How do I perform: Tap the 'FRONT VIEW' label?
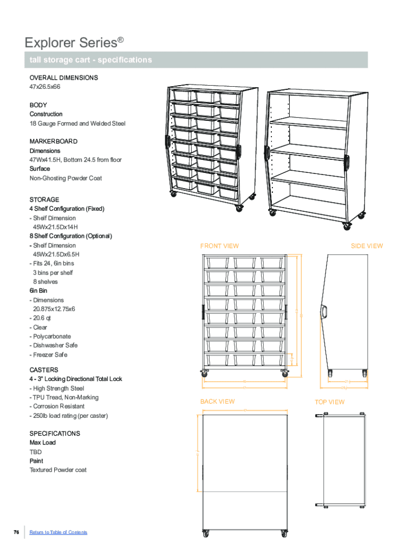(219, 246)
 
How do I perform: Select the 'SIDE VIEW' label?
(367, 246)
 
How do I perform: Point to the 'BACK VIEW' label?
(218, 402)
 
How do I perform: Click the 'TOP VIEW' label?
(330, 402)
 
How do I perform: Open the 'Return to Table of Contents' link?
(58, 532)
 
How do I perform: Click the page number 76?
(16, 532)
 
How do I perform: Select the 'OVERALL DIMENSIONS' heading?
(64, 78)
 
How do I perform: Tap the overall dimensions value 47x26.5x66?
(45, 87)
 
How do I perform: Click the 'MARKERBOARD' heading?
(54, 141)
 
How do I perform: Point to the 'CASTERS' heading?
(44, 370)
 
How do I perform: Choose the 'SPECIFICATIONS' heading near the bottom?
(55, 434)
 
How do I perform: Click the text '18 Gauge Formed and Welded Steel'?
(77, 124)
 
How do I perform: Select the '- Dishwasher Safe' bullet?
(54, 345)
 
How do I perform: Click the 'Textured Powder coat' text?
(58, 470)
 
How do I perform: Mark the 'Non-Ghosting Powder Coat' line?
(66, 178)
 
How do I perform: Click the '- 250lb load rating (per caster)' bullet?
(69, 416)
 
